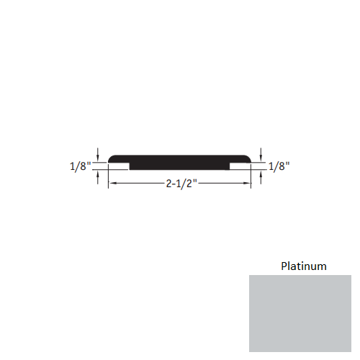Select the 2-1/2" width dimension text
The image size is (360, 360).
tap(179, 184)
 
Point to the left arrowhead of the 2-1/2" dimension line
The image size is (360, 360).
tap(111, 184)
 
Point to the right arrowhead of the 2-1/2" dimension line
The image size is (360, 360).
tap(248, 184)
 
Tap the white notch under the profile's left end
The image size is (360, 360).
tap(119, 166)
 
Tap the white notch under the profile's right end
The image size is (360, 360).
tap(240, 166)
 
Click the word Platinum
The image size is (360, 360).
tap(303, 266)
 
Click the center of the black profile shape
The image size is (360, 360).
tap(179, 162)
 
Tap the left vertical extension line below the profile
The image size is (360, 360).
tap(108, 178)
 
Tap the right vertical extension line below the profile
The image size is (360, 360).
tap(251, 178)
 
